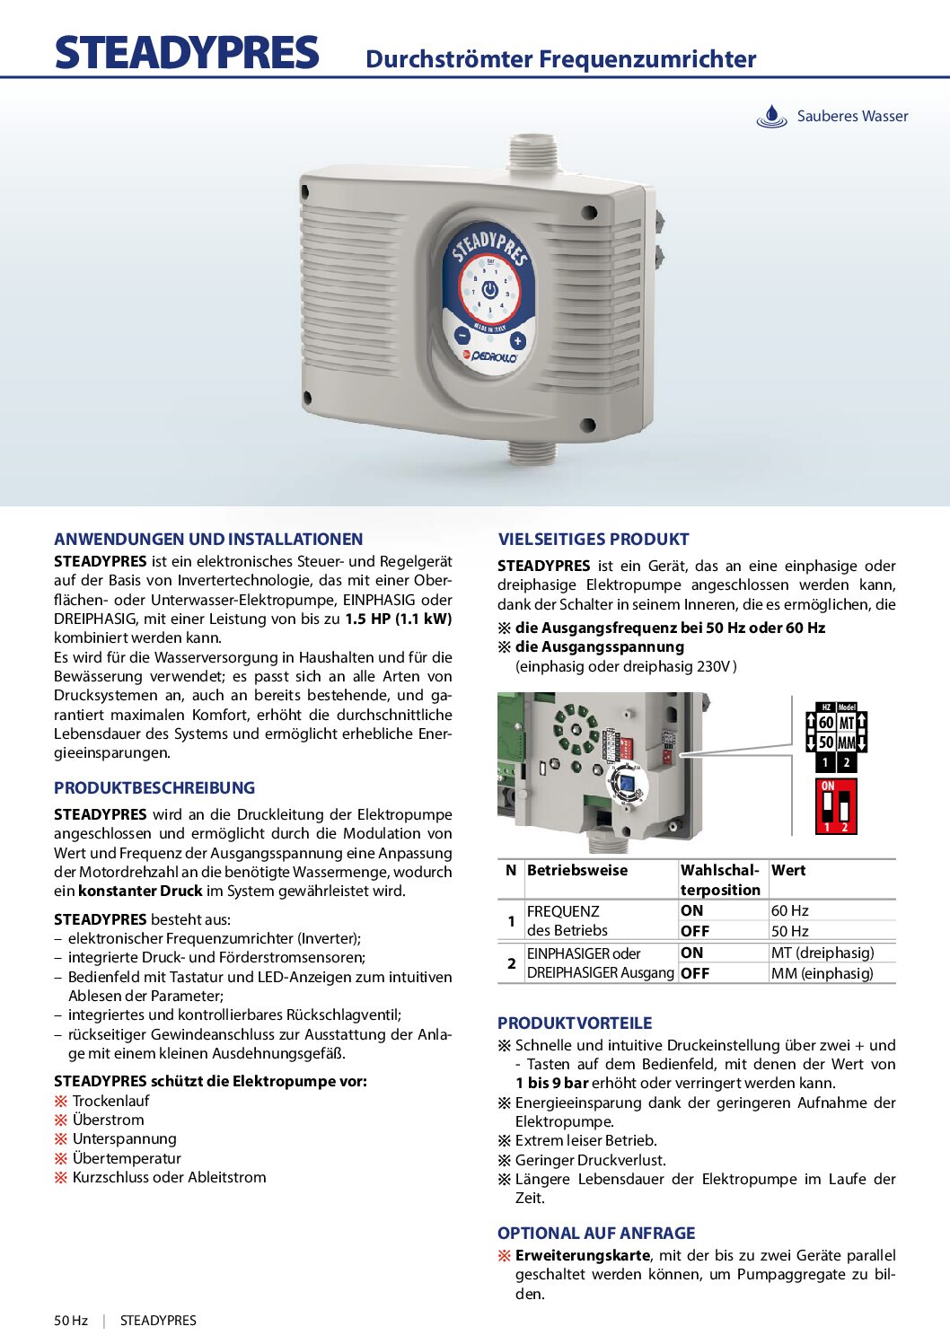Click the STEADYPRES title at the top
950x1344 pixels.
(187, 53)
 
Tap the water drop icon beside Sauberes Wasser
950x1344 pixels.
(771, 117)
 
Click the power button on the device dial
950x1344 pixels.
(489, 290)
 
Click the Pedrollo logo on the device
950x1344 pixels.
(489, 356)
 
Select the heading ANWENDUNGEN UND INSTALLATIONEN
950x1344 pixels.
(208, 540)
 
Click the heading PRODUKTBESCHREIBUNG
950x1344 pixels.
(154, 788)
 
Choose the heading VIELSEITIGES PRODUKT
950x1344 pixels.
(594, 540)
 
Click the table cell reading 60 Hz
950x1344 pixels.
(790, 910)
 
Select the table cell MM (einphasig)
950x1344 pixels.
(822, 973)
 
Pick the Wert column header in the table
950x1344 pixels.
(788, 870)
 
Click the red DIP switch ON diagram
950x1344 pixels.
(836, 806)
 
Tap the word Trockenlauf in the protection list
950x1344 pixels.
(111, 1101)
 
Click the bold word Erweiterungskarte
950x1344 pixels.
(583, 1255)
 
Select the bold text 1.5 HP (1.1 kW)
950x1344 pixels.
(398, 619)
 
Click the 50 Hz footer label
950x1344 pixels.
(71, 1321)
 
